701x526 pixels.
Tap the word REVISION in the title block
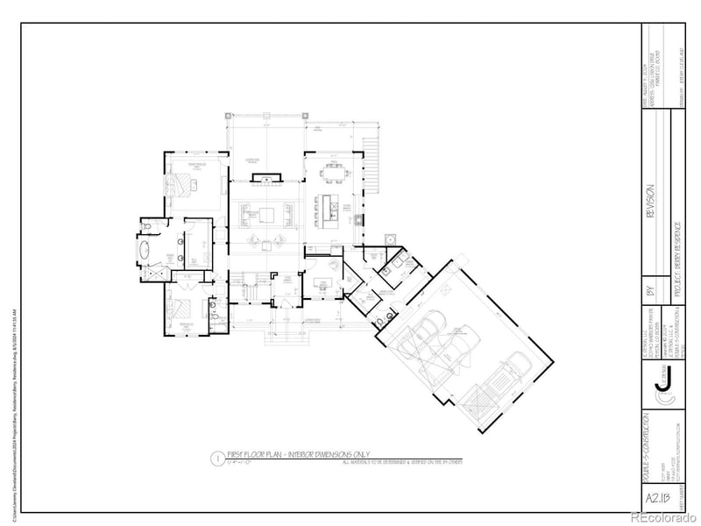tap(650, 202)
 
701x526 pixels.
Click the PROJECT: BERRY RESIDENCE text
tap(678, 254)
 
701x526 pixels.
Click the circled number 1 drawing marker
tap(215, 458)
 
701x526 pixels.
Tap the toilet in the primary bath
tap(148, 227)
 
